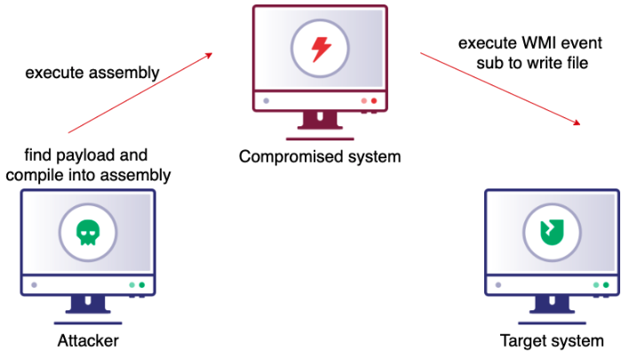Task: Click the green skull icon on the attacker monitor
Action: coord(86,231)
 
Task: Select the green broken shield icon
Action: coord(551,232)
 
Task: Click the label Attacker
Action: coord(87,340)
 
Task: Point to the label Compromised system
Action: coord(320,157)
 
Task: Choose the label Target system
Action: coord(552,340)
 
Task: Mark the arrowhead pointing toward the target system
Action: coord(579,123)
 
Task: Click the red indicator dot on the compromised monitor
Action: coord(374,101)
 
